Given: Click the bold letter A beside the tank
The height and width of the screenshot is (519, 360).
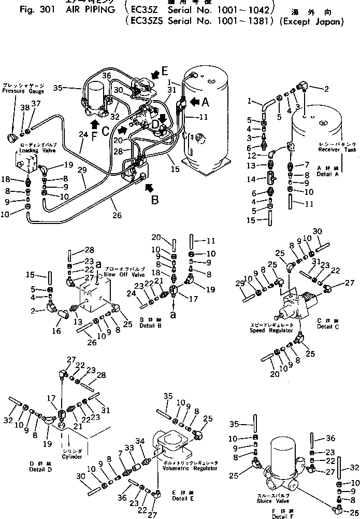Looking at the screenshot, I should coord(206,102).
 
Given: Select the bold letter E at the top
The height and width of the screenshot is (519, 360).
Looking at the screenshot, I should coord(165,71).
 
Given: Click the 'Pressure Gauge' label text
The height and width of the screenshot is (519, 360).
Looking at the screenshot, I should coord(23,91).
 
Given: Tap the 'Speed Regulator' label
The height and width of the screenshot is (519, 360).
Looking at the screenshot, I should coord(271,330).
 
